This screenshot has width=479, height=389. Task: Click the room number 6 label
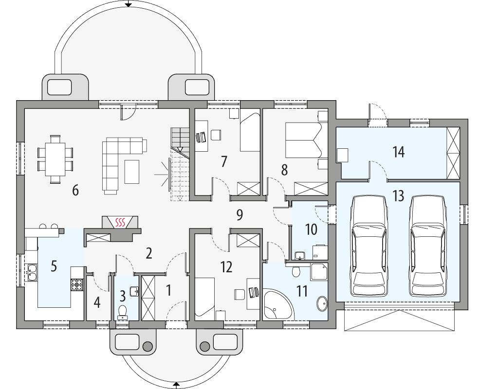click(x=75, y=191)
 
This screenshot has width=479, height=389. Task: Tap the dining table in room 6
click(x=55, y=159)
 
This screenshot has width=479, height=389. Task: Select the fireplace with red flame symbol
click(x=120, y=223)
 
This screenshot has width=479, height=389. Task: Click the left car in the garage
click(x=369, y=247)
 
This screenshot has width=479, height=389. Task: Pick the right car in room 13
click(x=428, y=247)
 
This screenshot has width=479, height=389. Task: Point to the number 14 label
click(x=399, y=152)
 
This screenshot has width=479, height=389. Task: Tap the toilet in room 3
click(x=122, y=310)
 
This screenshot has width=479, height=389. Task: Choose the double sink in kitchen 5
click(x=33, y=272)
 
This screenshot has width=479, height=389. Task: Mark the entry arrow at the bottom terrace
click(x=176, y=386)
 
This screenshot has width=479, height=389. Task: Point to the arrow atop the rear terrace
click(x=128, y=3)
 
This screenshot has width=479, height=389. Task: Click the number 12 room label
click(x=226, y=266)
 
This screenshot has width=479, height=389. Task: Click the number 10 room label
click(x=311, y=229)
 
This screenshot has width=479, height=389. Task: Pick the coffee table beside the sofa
click(x=132, y=172)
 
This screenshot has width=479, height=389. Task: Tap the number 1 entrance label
click(x=168, y=291)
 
